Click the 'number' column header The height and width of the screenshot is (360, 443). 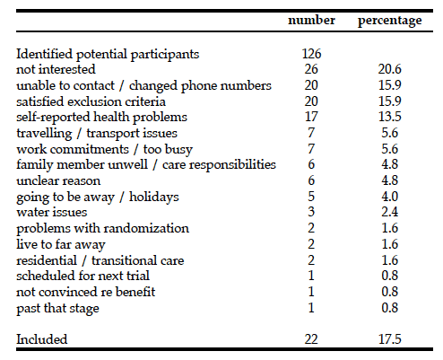[311, 21]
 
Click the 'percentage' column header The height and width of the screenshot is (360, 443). [390, 22]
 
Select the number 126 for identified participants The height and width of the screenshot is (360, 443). [311, 54]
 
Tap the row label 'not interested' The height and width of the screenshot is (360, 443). [56, 69]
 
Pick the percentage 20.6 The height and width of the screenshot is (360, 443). [390, 69]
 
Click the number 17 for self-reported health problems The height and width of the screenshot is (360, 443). [311, 117]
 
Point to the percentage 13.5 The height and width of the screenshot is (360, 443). [390, 117]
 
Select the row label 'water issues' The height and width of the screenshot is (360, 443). [52, 212]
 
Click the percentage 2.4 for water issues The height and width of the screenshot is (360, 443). [390, 212]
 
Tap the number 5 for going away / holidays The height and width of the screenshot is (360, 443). [311, 197]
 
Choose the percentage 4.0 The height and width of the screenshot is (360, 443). [390, 197]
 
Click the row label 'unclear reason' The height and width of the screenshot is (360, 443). [58, 180]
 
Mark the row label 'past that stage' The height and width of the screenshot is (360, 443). [57, 309]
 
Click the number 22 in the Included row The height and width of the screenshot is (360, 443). [311, 339]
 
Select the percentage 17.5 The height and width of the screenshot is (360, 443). [390, 339]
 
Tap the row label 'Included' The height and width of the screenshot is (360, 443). [42, 339]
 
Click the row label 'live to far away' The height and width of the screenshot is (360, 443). [61, 245]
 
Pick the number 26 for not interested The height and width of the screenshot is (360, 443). [311, 69]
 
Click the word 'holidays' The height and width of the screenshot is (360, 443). [154, 198]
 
